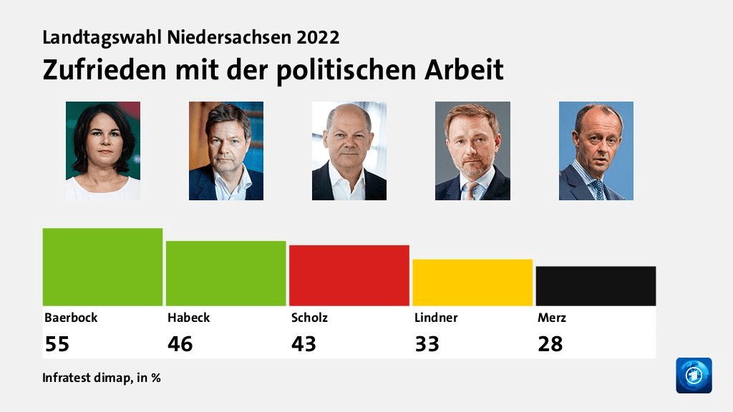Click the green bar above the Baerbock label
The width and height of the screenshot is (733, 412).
click(102, 267)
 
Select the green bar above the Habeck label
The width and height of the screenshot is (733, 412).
click(225, 273)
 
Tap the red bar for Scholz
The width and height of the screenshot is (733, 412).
click(349, 275)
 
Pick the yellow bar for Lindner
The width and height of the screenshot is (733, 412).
click(472, 283)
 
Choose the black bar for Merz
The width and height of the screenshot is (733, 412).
click(596, 286)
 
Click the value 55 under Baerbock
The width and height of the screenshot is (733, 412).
click(57, 344)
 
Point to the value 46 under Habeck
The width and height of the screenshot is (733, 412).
click(180, 344)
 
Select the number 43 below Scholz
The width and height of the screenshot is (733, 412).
click(304, 344)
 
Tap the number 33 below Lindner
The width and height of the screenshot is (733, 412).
click(427, 344)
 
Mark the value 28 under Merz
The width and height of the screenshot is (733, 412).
click(550, 344)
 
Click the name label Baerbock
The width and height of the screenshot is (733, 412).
click(71, 318)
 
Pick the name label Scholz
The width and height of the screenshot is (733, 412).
click(309, 318)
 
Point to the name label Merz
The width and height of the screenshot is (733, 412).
click(552, 318)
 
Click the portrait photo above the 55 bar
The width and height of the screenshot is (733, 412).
click(103, 151)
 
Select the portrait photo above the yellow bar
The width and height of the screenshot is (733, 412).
click(472, 151)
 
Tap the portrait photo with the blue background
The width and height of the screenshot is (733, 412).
click(596, 151)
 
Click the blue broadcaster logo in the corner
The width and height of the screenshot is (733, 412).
click(694, 376)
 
